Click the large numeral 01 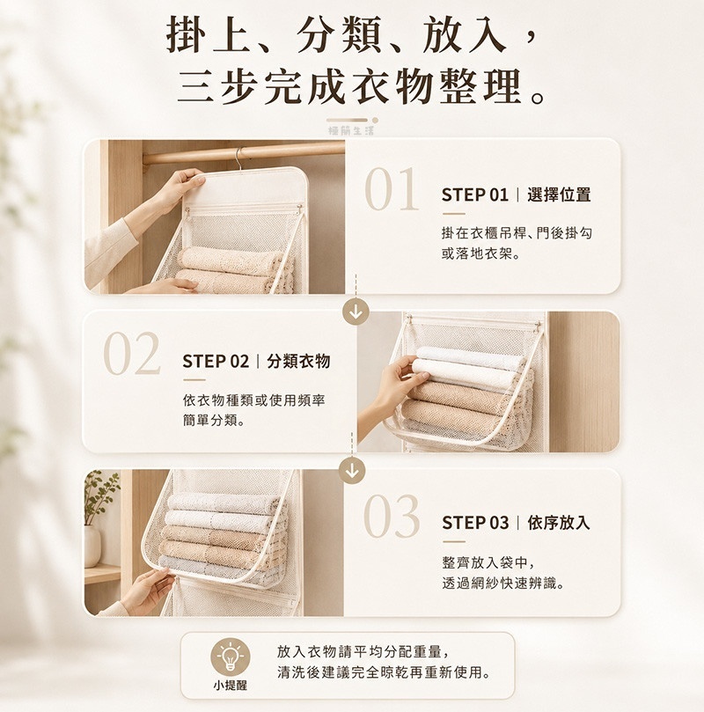pos(392,189)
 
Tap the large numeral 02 pos(132,353)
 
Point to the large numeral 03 pos(392,517)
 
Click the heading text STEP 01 pos(475,195)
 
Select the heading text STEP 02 pos(216,362)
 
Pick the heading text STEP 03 pos(475,523)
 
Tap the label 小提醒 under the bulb pos(231,685)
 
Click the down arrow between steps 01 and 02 pos(356,312)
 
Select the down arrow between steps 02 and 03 pos(352,471)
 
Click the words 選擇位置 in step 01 pos(559,195)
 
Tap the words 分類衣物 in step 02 pos(298,362)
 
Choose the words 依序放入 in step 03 pos(559,523)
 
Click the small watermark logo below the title pos(352,127)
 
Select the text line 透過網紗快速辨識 pos(503,583)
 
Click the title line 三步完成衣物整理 pos(362,87)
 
